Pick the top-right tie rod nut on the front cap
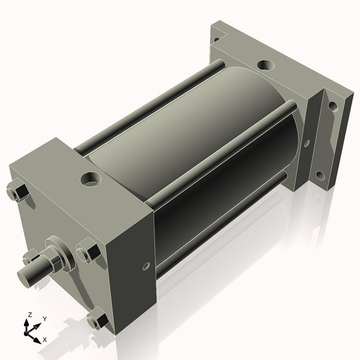(x=88, y=250)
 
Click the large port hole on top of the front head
(x=91, y=179)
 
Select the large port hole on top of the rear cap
(x=266, y=65)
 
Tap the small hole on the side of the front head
(x=146, y=266)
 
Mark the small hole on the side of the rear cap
(x=307, y=143)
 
